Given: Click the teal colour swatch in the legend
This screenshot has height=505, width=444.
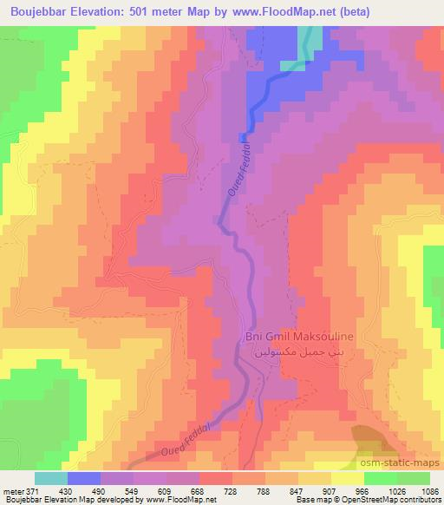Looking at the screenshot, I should pyautogui.click(x=51, y=478).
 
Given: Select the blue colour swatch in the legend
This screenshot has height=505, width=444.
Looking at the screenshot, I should pyautogui.click(x=85, y=478).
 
